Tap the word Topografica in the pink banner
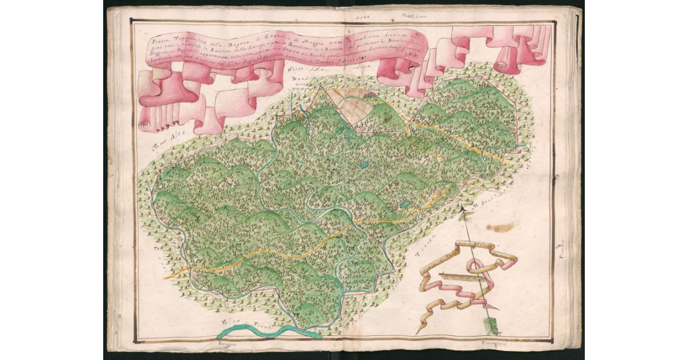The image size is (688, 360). (182, 41)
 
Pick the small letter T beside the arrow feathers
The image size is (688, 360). (500, 333)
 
